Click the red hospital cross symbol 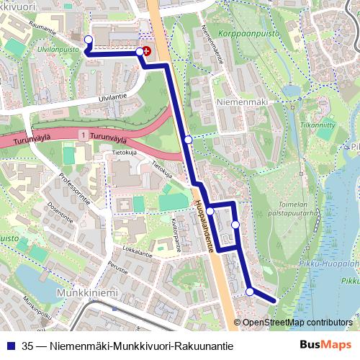tap(147, 51)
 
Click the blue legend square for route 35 tap(10, 346)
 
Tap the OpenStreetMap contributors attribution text tap(297, 322)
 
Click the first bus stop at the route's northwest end tap(88, 40)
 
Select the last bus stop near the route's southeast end tap(250, 292)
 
